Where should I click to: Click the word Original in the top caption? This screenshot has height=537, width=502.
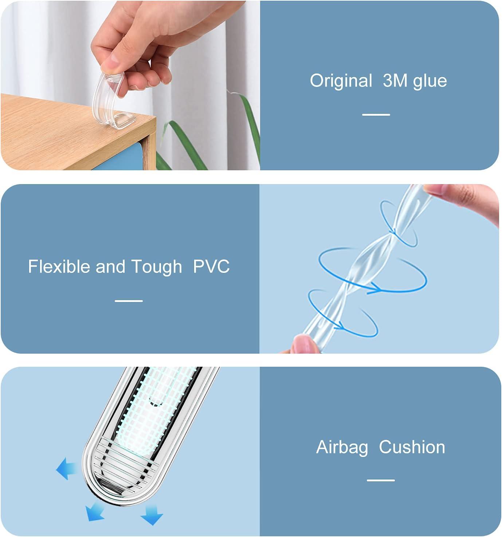[x=341, y=80]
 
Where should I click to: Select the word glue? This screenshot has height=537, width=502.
[x=430, y=81]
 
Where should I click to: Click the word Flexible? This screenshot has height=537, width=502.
[x=59, y=266]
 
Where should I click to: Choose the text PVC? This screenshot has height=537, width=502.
[x=211, y=266]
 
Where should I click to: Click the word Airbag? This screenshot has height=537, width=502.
[x=342, y=447]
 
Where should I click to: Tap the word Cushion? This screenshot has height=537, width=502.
[x=412, y=447]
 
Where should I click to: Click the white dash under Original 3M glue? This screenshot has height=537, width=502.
[x=376, y=115]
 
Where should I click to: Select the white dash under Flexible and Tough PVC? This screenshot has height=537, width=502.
[x=129, y=301]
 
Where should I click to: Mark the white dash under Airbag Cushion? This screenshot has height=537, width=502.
[x=381, y=480]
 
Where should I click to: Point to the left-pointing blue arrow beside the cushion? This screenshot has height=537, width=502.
[x=67, y=469]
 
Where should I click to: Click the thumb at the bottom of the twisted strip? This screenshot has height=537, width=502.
[x=304, y=344]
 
